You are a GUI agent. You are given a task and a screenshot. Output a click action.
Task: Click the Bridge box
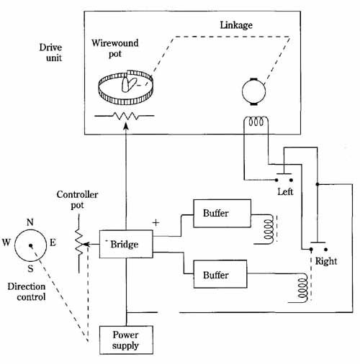[x=126, y=244]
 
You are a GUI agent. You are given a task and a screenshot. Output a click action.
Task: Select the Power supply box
[x=126, y=340]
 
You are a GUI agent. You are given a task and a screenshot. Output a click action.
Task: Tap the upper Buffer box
[x=222, y=213]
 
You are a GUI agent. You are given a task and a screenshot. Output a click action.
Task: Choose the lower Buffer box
[x=220, y=274]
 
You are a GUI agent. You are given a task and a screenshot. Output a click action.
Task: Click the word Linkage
[x=236, y=25]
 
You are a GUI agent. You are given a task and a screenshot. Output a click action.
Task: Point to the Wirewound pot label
[x=115, y=48]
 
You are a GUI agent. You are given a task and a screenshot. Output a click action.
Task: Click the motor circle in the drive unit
[x=253, y=91]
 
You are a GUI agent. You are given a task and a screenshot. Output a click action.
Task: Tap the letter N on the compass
[x=30, y=222]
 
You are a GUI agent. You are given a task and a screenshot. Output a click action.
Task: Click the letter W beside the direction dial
[x=6, y=242]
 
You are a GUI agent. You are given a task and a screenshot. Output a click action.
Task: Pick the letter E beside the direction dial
[x=53, y=242]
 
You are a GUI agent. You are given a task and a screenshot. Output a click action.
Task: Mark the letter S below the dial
[x=30, y=268]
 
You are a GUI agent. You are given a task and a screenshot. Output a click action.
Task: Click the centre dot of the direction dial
[x=30, y=245]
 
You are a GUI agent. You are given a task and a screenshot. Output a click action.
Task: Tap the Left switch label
[x=285, y=191]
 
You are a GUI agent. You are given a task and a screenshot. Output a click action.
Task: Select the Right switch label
[x=326, y=261]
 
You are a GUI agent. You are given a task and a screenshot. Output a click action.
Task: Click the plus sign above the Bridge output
[x=156, y=223]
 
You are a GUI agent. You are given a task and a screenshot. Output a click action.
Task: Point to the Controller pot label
[x=77, y=200]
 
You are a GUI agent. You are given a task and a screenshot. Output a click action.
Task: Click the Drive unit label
[x=50, y=53]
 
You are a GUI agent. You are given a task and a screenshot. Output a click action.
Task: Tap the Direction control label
[x=27, y=291]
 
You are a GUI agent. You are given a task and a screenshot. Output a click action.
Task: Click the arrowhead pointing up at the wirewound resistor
[x=126, y=127]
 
